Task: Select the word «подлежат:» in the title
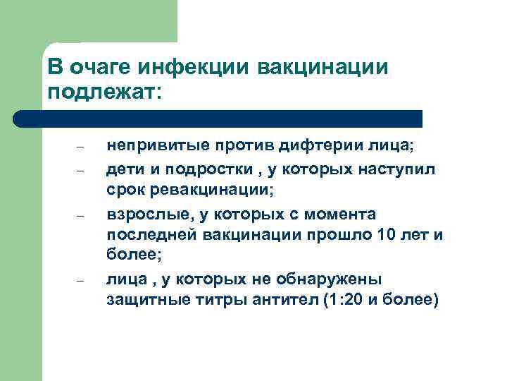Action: click(x=105, y=92)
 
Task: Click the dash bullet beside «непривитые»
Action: click(x=80, y=147)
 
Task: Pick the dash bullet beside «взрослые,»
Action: click(x=80, y=215)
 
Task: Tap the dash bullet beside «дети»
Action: click(x=80, y=170)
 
